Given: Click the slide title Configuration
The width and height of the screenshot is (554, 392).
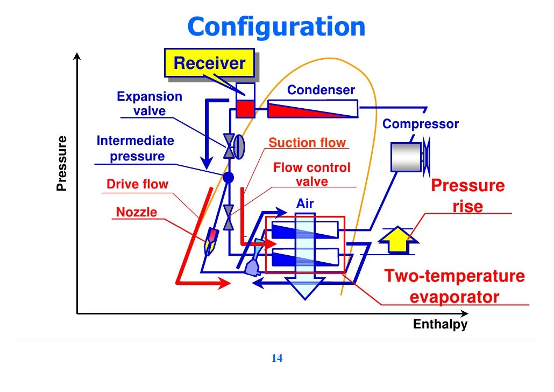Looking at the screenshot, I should click(x=277, y=26).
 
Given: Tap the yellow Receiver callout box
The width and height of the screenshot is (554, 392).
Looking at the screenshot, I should click(x=209, y=64).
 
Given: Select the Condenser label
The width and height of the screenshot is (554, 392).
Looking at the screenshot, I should click(x=321, y=90).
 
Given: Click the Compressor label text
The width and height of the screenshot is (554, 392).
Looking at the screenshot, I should click(x=421, y=124).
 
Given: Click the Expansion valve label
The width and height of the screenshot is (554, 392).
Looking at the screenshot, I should click(x=150, y=104).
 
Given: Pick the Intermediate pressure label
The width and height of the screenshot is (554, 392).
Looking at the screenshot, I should click(x=136, y=149).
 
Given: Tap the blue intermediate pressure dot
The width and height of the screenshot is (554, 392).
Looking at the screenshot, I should click(x=228, y=176).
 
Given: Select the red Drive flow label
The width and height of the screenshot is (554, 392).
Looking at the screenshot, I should click(x=137, y=185).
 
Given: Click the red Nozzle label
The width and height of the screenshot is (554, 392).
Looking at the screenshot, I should click(x=137, y=212).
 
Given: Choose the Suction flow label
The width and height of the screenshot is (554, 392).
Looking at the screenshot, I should click(x=307, y=143).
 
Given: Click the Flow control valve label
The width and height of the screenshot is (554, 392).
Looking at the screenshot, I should click(x=311, y=174).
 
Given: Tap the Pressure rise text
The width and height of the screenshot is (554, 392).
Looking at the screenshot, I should click(x=468, y=196).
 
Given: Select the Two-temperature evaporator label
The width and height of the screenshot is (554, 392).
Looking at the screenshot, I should click(x=454, y=286).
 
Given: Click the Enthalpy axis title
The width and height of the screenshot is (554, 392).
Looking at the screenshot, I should click(x=440, y=325).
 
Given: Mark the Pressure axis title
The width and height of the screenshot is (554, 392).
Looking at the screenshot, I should click(x=62, y=163).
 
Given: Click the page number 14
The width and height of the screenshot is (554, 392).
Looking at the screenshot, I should click(x=278, y=359).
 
